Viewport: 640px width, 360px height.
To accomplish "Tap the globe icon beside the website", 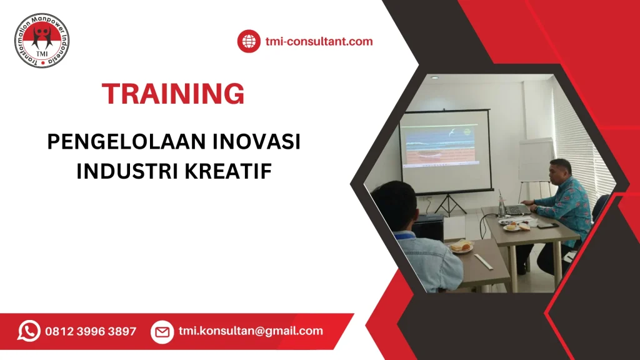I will (248, 42).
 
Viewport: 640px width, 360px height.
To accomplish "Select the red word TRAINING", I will (174, 94).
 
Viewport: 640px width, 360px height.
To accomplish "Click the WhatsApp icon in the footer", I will (29, 331).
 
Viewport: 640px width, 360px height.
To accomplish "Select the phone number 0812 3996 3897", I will (91, 331).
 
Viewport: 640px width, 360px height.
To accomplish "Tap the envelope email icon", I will (162, 331).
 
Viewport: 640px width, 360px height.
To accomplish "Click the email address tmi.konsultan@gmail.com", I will (251, 331).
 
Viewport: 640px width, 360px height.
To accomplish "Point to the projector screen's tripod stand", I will (448, 203).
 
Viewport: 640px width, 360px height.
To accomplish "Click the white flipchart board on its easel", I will (536, 159).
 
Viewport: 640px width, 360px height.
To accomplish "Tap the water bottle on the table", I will (501, 206).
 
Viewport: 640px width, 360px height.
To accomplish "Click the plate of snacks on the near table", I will (461, 247).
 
